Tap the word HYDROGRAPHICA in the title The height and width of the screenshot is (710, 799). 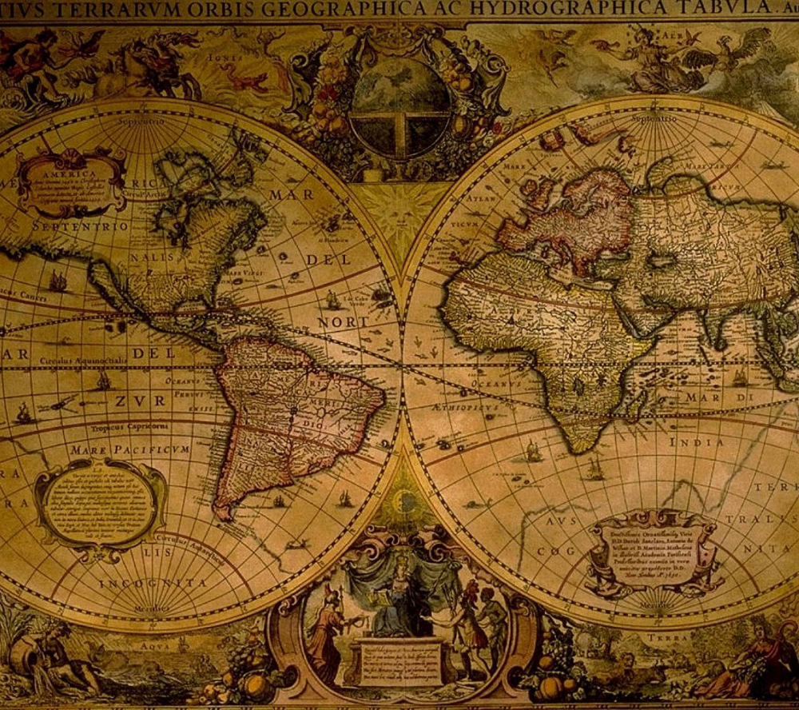551,9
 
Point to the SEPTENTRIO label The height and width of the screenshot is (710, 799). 81,228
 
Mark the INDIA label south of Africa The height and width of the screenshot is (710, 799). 697,442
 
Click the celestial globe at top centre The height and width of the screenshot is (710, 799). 399,104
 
